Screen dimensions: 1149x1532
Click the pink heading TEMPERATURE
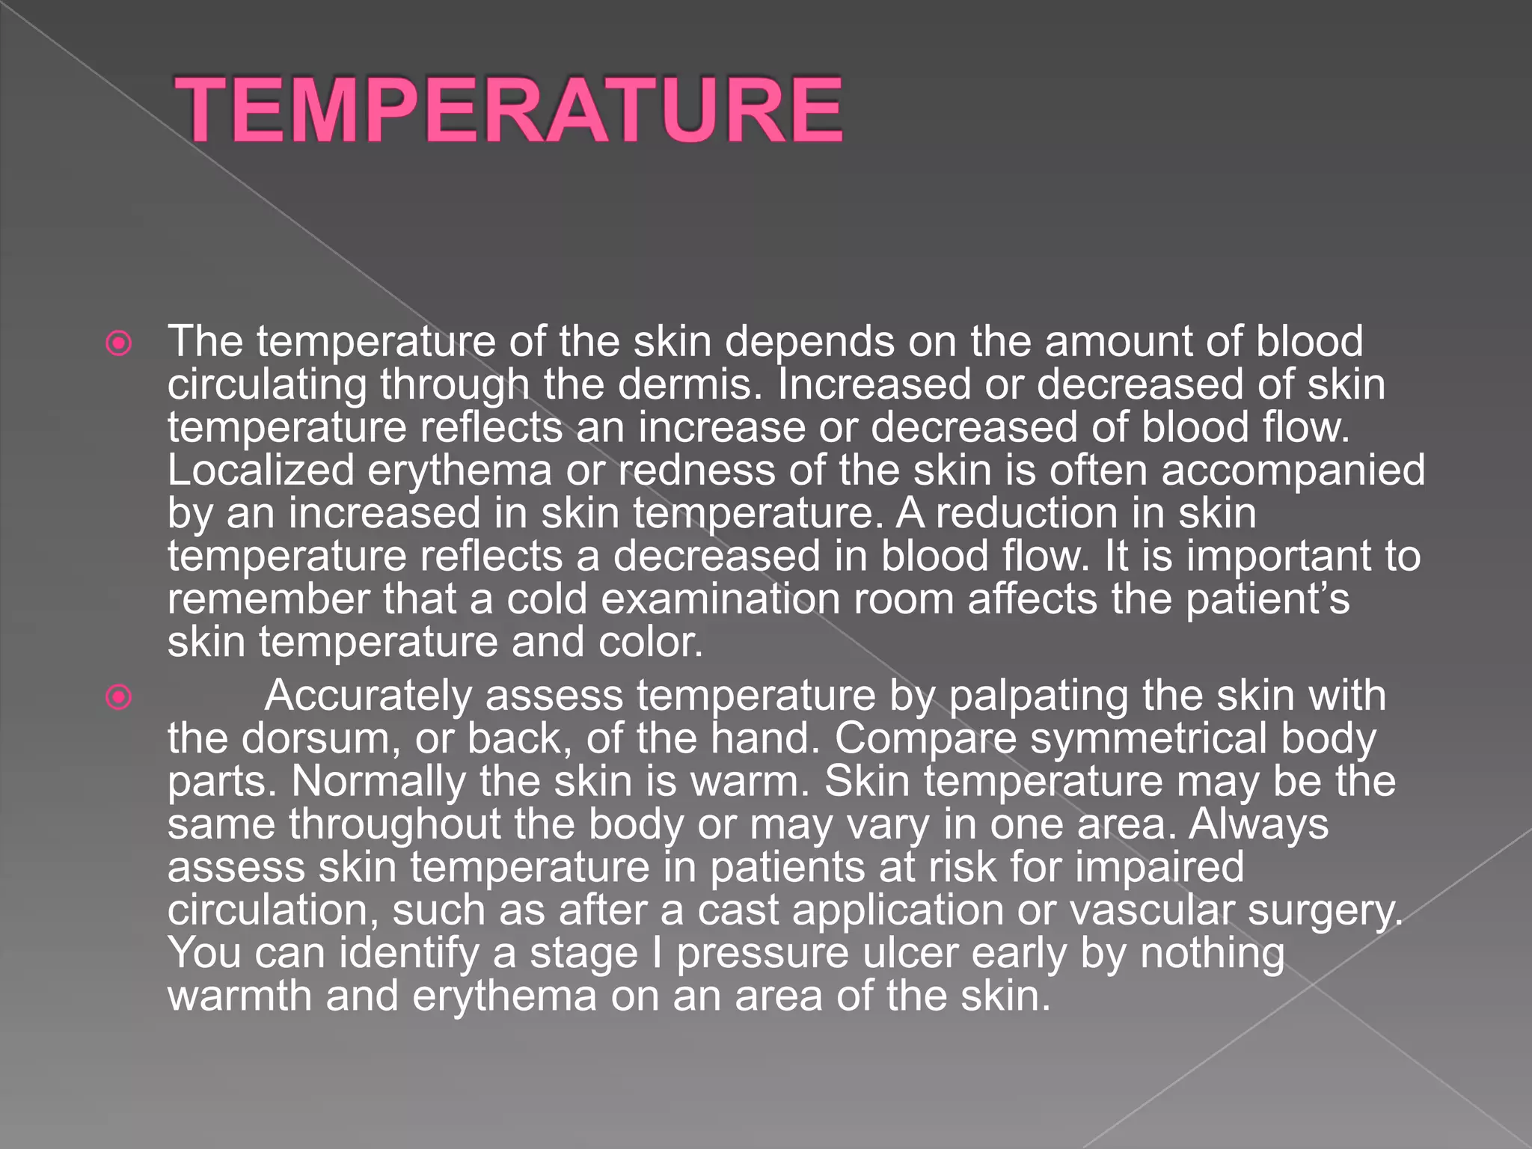509,110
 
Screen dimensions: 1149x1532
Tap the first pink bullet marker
119,343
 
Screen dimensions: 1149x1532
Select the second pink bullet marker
119,697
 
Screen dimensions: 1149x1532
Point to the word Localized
260,471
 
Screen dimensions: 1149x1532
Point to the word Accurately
368,696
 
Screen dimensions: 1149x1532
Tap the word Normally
379,782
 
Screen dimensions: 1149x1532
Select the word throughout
395,825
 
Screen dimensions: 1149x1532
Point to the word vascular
1151,910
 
